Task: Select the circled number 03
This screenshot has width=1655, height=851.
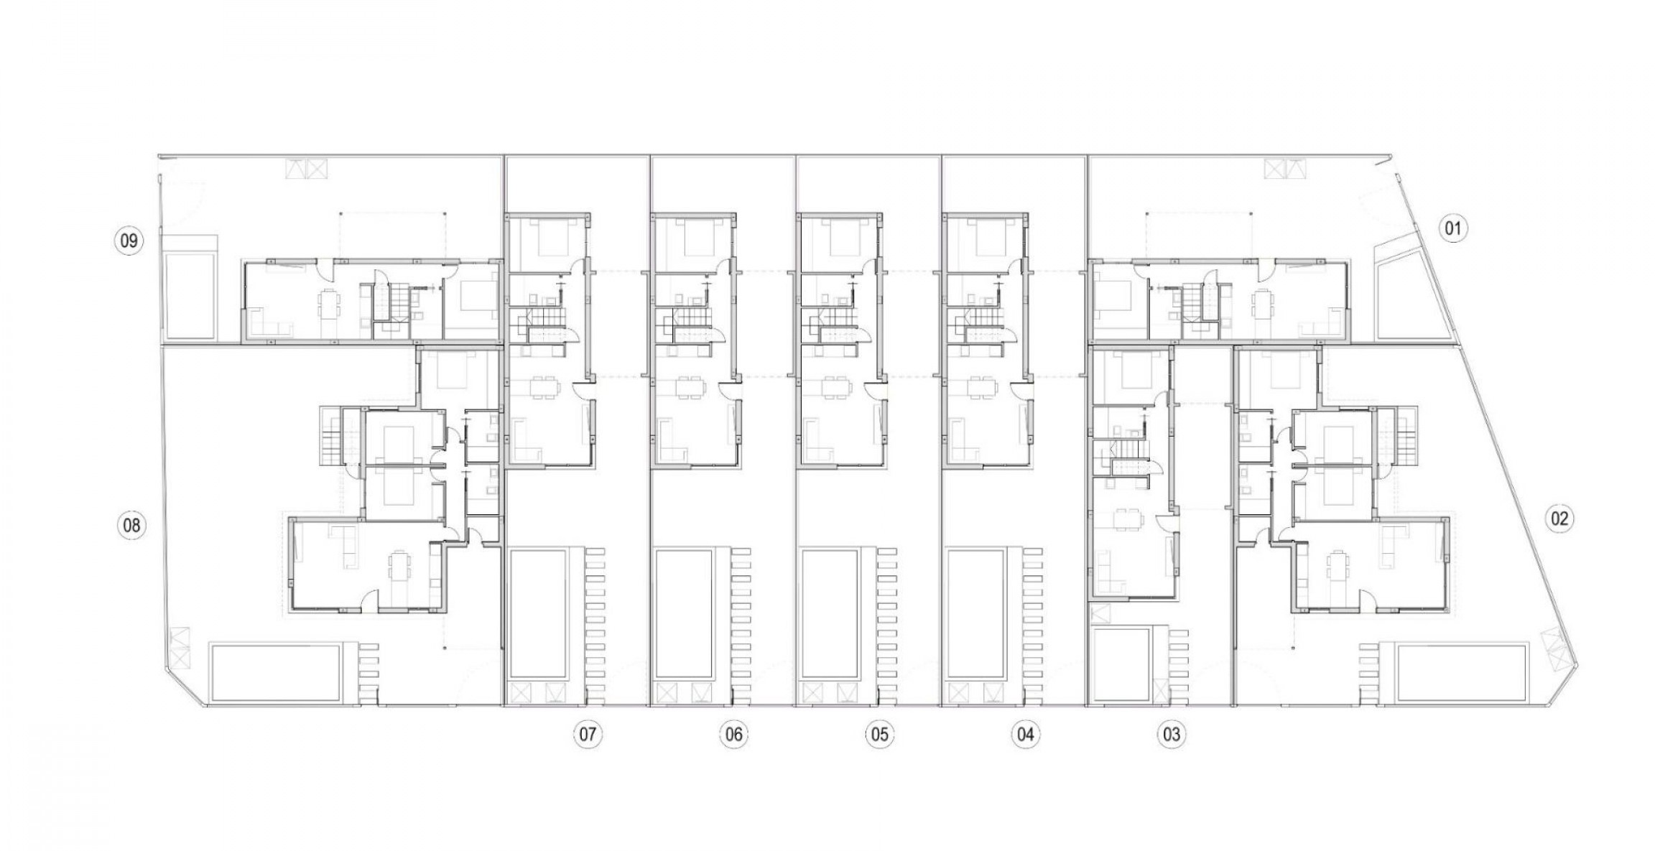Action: click(1171, 735)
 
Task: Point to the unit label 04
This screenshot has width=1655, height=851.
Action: click(1025, 735)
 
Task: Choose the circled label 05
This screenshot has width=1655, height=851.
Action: click(879, 735)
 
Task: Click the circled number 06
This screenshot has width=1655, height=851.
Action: click(733, 735)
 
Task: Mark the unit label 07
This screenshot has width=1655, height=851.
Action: click(588, 735)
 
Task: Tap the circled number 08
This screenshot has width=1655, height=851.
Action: click(131, 525)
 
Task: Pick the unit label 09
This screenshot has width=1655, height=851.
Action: click(129, 240)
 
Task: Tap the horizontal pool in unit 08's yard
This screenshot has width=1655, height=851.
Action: click(275, 673)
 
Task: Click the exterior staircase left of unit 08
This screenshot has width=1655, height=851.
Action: click(331, 436)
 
